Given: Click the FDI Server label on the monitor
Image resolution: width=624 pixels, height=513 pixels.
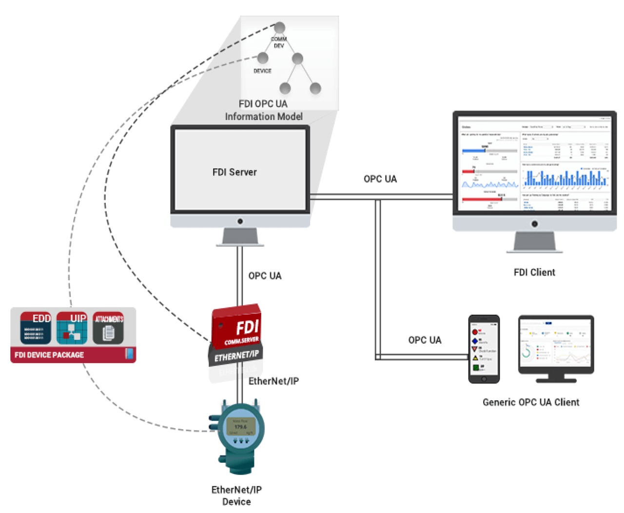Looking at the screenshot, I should click(x=234, y=172).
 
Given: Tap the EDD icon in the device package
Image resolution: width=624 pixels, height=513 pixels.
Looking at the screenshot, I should click(x=36, y=328).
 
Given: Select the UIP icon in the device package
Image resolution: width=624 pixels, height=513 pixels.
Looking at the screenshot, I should click(x=72, y=328).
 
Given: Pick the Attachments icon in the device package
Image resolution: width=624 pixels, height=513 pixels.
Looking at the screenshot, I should click(x=108, y=328).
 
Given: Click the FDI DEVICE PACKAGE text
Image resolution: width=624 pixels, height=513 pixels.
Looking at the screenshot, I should click(x=49, y=355).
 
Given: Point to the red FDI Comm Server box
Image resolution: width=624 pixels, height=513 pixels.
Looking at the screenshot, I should click(x=236, y=327).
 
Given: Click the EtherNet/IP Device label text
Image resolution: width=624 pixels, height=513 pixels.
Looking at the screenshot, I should click(x=236, y=495).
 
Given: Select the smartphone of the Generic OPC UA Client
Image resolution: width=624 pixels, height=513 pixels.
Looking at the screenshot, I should click(x=484, y=349).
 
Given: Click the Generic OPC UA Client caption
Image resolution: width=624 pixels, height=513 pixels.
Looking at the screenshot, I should click(x=531, y=402).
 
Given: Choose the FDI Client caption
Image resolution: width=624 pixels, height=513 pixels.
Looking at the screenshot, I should click(x=534, y=272).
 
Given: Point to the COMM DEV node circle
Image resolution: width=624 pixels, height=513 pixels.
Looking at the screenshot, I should click(x=279, y=27).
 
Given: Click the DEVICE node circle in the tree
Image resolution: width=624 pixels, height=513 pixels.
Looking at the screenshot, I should click(x=263, y=58).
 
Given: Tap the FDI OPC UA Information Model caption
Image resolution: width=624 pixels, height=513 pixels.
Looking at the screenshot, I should click(x=263, y=110).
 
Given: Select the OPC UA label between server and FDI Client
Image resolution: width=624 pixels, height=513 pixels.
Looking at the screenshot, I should click(x=380, y=179).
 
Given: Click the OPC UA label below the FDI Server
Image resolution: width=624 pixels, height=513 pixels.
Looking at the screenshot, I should click(x=265, y=276).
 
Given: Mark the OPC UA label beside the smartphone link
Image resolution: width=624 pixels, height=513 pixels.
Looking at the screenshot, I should click(x=425, y=340).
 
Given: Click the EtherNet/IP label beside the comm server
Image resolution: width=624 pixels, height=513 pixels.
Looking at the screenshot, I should click(x=273, y=381).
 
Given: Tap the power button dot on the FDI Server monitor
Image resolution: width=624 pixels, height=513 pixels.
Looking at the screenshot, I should click(x=240, y=221).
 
